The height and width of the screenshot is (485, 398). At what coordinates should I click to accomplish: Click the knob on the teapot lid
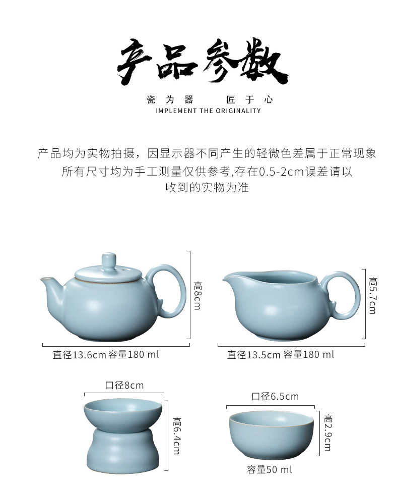coord(109,261)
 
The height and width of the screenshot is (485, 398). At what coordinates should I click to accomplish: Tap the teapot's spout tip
coord(43,279)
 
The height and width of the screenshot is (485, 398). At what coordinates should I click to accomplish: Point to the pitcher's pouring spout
coord(229,278)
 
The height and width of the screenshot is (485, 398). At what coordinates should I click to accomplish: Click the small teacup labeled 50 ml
coord(272,435)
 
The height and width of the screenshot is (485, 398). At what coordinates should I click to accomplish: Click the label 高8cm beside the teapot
coord(197,295)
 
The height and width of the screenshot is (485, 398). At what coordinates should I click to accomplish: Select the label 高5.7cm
coord(373,296)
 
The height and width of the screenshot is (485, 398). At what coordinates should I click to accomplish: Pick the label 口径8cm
coord(124,386)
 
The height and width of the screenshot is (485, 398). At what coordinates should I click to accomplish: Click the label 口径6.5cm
coord(275,396)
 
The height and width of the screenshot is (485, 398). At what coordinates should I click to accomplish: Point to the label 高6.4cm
coord(177,436)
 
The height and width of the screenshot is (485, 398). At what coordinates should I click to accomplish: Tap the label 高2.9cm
coord(328,433)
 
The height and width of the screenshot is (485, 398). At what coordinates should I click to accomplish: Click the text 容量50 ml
coord(269,469)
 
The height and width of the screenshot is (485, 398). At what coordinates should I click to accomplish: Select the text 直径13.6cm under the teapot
coord(80,354)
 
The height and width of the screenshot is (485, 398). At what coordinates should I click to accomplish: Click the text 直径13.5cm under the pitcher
coord(253,354)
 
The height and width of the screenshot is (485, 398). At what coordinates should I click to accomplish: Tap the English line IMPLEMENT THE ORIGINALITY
coord(209,111)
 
